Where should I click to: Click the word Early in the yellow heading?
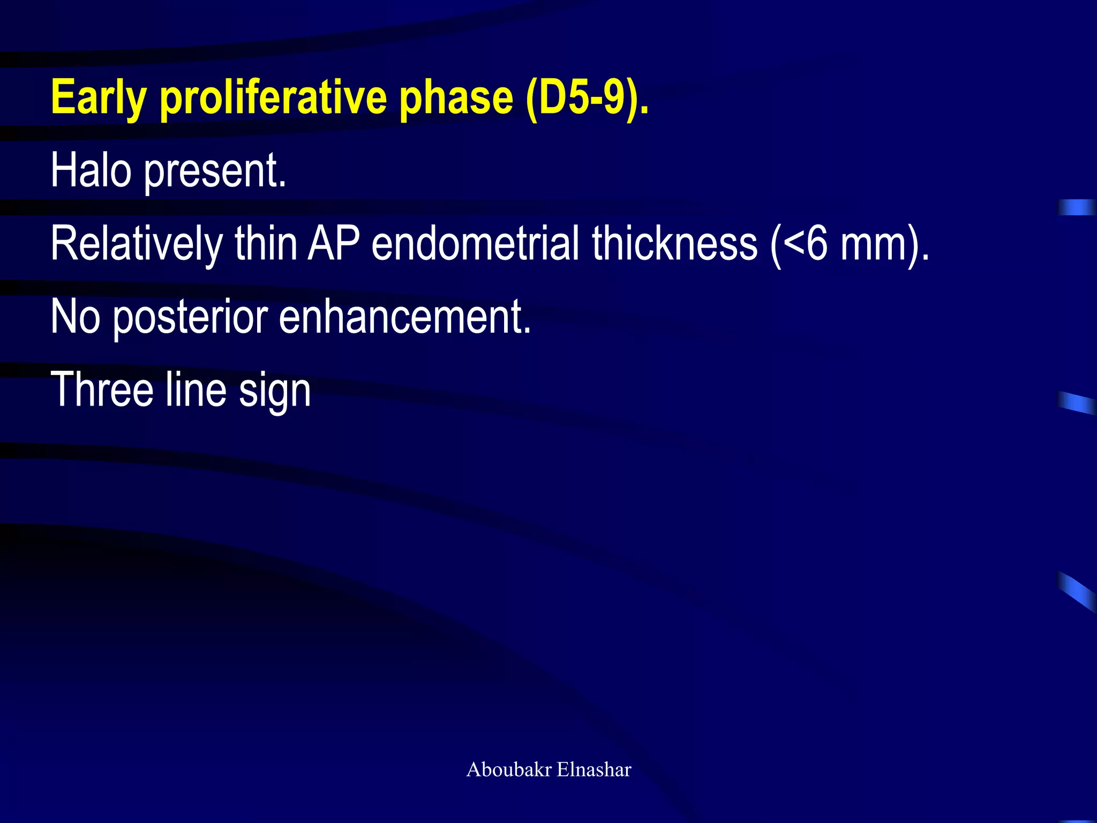99,98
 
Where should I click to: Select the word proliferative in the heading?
273,98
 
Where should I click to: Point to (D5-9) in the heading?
586,98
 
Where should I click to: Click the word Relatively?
136,244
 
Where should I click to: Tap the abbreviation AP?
333,243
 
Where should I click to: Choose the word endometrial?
475,243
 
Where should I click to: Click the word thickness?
674,243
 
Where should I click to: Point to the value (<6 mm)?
850,244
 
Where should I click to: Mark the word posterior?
190,318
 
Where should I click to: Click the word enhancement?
404,317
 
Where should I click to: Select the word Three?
102,390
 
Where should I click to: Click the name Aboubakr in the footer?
509,769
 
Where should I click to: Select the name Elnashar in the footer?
594,769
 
